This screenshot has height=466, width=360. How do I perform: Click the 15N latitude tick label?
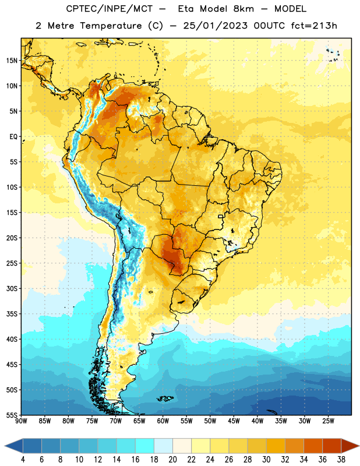click(12, 61)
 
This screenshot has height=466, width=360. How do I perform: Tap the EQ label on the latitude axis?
click(13, 137)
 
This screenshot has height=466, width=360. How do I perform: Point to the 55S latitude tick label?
click(12, 415)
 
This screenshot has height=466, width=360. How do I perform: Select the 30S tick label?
click(12, 288)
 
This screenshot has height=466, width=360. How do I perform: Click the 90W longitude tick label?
click(21, 421)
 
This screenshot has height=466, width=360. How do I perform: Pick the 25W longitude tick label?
click(328, 421)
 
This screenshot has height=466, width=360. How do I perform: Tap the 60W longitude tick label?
click(163, 421)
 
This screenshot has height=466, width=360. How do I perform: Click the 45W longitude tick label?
click(234, 421)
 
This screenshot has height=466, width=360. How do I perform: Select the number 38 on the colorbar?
click(341, 460)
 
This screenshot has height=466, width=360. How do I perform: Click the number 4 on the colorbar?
click(23, 460)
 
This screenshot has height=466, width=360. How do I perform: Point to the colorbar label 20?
click(172, 460)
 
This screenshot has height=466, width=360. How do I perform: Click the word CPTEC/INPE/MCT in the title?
click(109, 9)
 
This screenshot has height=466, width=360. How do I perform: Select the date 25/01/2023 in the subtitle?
click(215, 26)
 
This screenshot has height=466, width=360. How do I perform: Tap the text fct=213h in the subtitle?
click(314, 26)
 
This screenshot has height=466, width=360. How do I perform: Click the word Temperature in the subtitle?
click(111, 26)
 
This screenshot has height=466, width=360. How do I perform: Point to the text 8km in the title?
click(243, 9)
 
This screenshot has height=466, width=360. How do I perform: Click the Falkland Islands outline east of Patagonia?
click(165, 398)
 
